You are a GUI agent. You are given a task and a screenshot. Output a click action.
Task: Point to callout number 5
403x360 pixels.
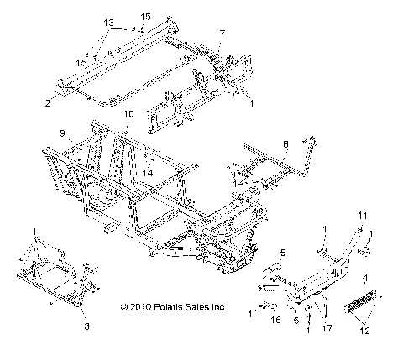pyautogui.click(x=283, y=253)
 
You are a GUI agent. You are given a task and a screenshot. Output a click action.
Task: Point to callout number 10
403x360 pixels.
pyautogui.click(x=128, y=113)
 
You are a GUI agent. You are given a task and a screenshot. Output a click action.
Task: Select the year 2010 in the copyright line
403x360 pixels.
pyautogui.click(x=143, y=308)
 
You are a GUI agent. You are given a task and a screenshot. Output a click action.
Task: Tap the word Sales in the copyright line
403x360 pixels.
pyautogui.click(x=201, y=308)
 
